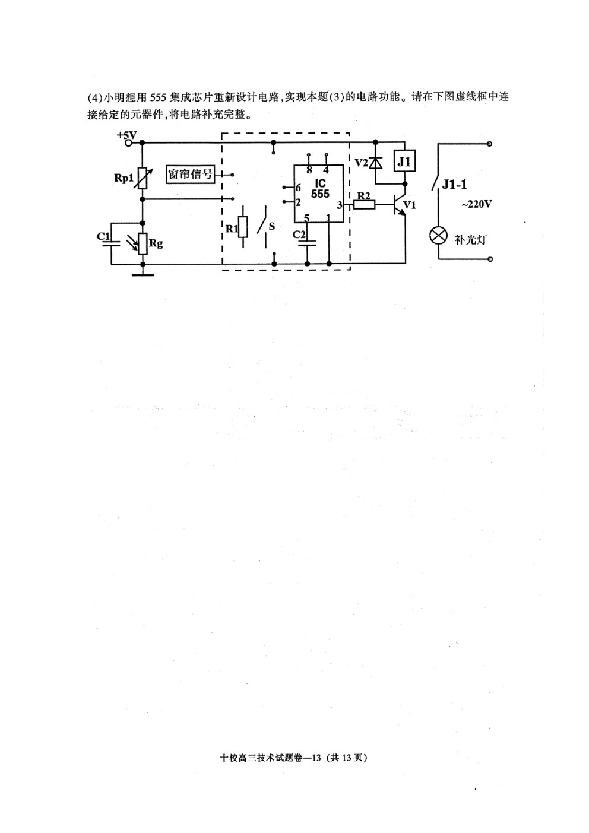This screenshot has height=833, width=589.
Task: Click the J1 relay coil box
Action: click(404, 161)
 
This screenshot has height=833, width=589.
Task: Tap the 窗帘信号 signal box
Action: click(190, 174)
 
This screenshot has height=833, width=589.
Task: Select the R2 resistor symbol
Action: click(365, 204)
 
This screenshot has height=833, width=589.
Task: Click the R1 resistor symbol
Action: click(243, 226)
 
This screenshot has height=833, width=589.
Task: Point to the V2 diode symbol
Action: click(376, 163)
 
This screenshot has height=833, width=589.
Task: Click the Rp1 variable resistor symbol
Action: click(142, 178)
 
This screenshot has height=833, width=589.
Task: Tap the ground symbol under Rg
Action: click(142, 275)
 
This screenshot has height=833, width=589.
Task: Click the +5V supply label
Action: click(127, 135)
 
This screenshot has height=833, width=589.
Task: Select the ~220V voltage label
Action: click(476, 204)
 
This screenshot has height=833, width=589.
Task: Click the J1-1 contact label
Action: click(454, 185)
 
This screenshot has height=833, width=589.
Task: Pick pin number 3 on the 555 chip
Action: click(339, 205)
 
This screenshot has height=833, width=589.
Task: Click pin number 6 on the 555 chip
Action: click(298, 188)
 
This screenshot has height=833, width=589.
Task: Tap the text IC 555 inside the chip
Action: click(320, 189)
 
